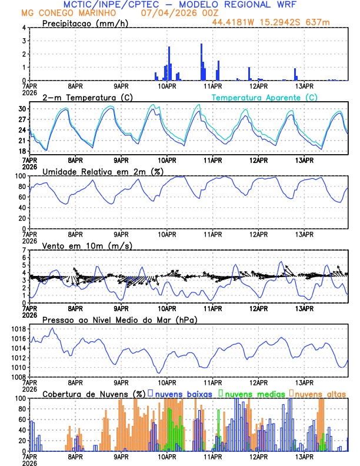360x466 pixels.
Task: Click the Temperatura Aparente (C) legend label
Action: pyautogui.click(x=264, y=97)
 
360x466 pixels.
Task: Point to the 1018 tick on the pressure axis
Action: pyautogui.click(x=18, y=329)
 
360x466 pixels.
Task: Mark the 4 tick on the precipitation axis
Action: pyautogui.click(x=24, y=28)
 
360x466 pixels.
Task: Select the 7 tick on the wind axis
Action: pyautogui.click(x=24, y=250)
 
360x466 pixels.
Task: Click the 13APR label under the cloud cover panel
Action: pyautogui.click(x=304, y=455)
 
